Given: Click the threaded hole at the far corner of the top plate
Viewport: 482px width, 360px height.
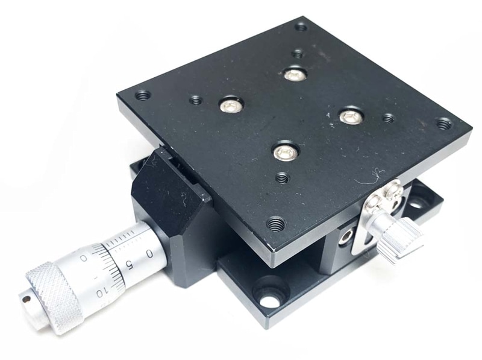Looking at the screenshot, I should click(x=301, y=27).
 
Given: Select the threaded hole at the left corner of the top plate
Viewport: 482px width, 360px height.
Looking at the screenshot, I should click(x=143, y=95).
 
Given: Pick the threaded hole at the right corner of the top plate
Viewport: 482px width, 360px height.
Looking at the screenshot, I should click(x=444, y=124).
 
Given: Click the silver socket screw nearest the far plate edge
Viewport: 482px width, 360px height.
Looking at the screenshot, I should click(x=295, y=74).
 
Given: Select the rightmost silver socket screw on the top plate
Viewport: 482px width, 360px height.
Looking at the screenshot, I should click(x=351, y=115).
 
